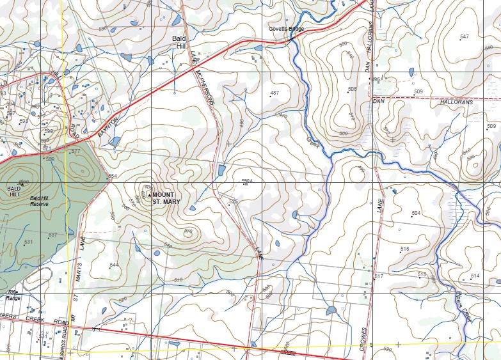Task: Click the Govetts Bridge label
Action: (x=286, y=29)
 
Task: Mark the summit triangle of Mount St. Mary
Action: (x=149, y=194)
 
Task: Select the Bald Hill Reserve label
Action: (x=43, y=201)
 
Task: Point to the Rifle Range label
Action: (x=13, y=296)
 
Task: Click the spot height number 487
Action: (x=274, y=93)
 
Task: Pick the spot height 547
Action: (x=464, y=36)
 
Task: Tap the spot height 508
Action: (x=352, y=89)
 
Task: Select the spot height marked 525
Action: (x=234, y=201)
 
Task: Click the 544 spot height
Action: (x=114, y=265)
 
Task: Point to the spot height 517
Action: (x=379, y=276)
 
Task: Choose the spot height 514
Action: (x=475, y=276)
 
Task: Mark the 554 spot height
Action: (x=113, y=176)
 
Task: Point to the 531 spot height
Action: (x=28, y=242)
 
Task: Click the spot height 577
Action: (x=76, y=152)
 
